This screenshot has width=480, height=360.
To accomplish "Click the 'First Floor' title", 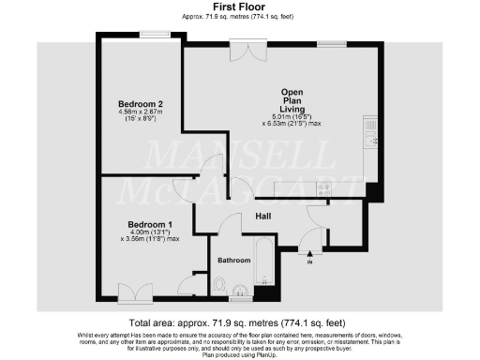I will (x=239, y=7).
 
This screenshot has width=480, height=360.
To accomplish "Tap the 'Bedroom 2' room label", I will (x=141, y=103).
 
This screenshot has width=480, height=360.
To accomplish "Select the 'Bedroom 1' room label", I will (x=150, y=224).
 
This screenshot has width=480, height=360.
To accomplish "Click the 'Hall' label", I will (x=263, y=217).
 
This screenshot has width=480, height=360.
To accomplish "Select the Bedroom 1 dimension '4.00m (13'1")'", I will (x=150, y=232).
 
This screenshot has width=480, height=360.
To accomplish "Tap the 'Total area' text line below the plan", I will (x=239, y=322).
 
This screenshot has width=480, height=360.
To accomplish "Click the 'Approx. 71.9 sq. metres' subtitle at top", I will (x=239, y=17).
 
